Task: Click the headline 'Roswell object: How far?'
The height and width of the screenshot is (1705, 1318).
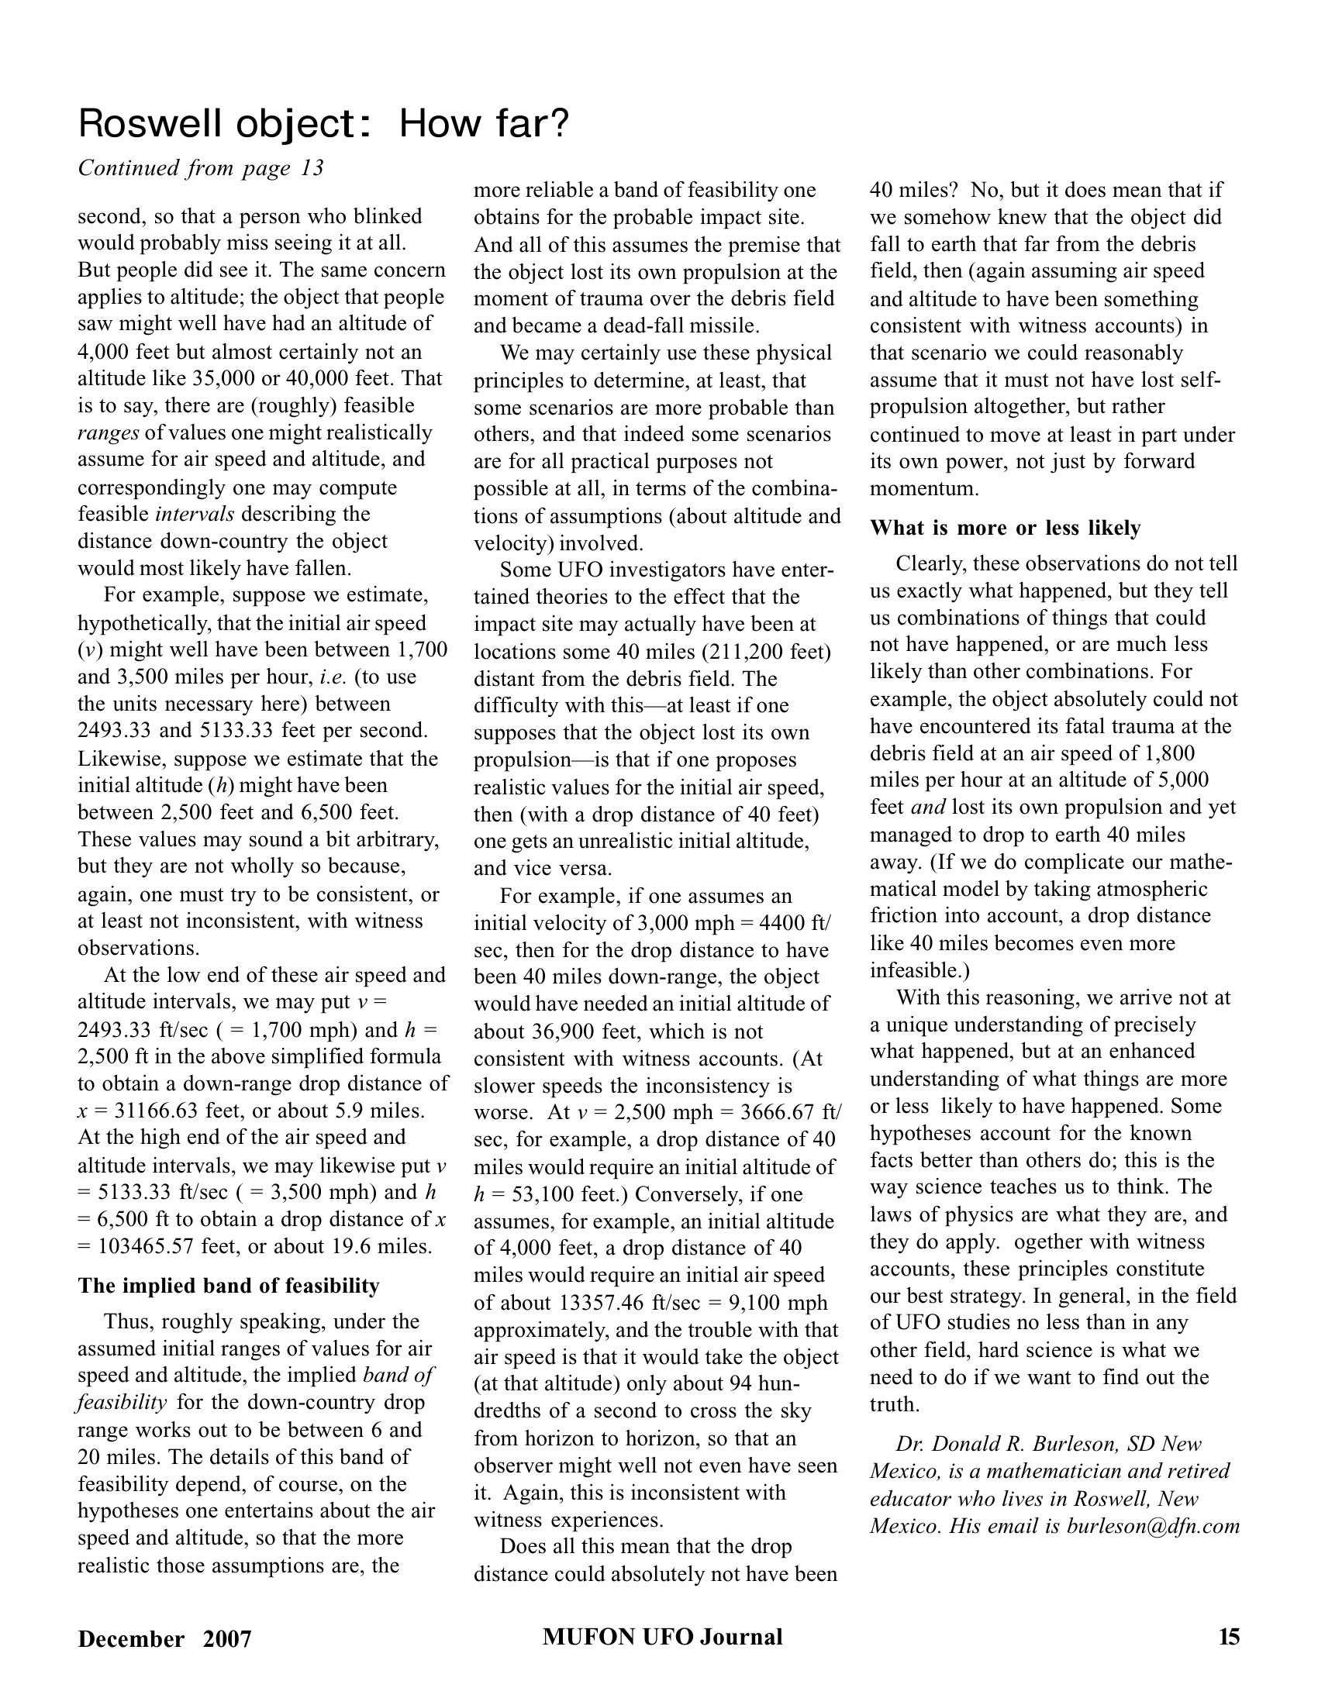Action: click(323, 124)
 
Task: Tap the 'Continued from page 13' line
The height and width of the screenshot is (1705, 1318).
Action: click(201, 168)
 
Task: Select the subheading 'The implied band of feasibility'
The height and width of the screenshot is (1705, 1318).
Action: click(228, 1286)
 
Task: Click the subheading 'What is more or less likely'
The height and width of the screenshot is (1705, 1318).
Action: click(1005, 529)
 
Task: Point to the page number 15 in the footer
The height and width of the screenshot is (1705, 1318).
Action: click(1229, 1636)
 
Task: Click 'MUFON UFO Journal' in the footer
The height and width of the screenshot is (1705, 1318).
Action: click(662, 1636)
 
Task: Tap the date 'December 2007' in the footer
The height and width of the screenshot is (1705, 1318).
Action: click(164, 1638)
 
